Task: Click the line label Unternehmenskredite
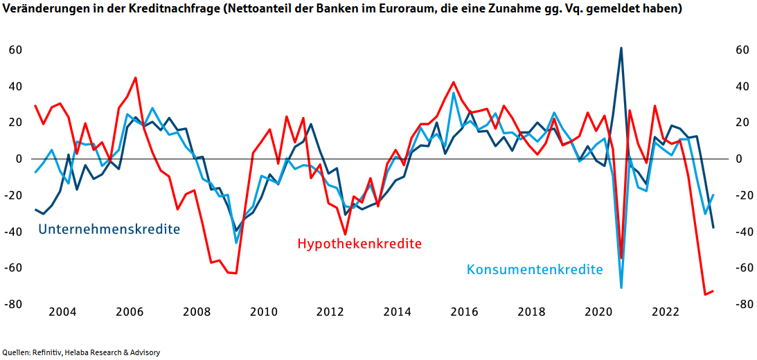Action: click(109, 229)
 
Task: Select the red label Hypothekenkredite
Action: click(359, 244)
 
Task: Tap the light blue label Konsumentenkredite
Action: click(535, 269)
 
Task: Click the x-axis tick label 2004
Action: click(62, 312)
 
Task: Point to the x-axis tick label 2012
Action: click(331, 312)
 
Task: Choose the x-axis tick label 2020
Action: click(600, 312)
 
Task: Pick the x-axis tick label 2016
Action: click(465, 312)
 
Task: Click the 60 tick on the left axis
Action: click(16, 51)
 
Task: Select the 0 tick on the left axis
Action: click(20, 159)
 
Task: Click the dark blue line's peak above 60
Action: click(621, 48)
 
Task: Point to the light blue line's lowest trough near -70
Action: click(621, 287)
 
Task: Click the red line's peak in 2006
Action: click(135, 78)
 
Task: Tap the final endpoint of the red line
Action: click(713, 291)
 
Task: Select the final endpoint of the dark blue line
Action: click(713, 227)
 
